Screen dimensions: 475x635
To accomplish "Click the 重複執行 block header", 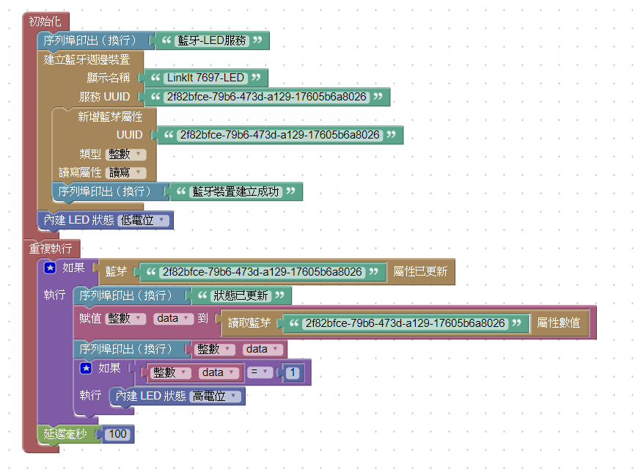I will point(50,248).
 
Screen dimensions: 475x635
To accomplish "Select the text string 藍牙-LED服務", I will point(212,40).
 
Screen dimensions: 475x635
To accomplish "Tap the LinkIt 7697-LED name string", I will point(205,78).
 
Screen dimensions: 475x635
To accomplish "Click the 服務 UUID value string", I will point(266,97).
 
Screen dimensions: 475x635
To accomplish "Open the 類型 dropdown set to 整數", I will point(126,154).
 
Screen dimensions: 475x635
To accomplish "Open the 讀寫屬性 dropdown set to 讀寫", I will point(126,173).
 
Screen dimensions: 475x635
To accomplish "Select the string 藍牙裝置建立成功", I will point(235,192).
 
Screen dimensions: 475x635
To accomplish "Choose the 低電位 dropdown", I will point(144,220).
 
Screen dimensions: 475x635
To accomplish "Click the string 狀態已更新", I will point(240,296).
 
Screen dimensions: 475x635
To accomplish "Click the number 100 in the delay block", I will point(118,434).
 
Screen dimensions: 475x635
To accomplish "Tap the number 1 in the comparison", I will point(293,372).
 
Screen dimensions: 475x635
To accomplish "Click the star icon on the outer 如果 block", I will point(51,268).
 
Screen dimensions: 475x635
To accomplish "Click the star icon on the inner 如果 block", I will point(86,369).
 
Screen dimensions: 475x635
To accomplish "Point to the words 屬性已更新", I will point(420,272).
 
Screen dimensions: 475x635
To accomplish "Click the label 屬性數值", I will point(559,323).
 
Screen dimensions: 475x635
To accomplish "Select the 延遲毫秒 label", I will point(65,434).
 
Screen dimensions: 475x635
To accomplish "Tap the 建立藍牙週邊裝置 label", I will point(87,59).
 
